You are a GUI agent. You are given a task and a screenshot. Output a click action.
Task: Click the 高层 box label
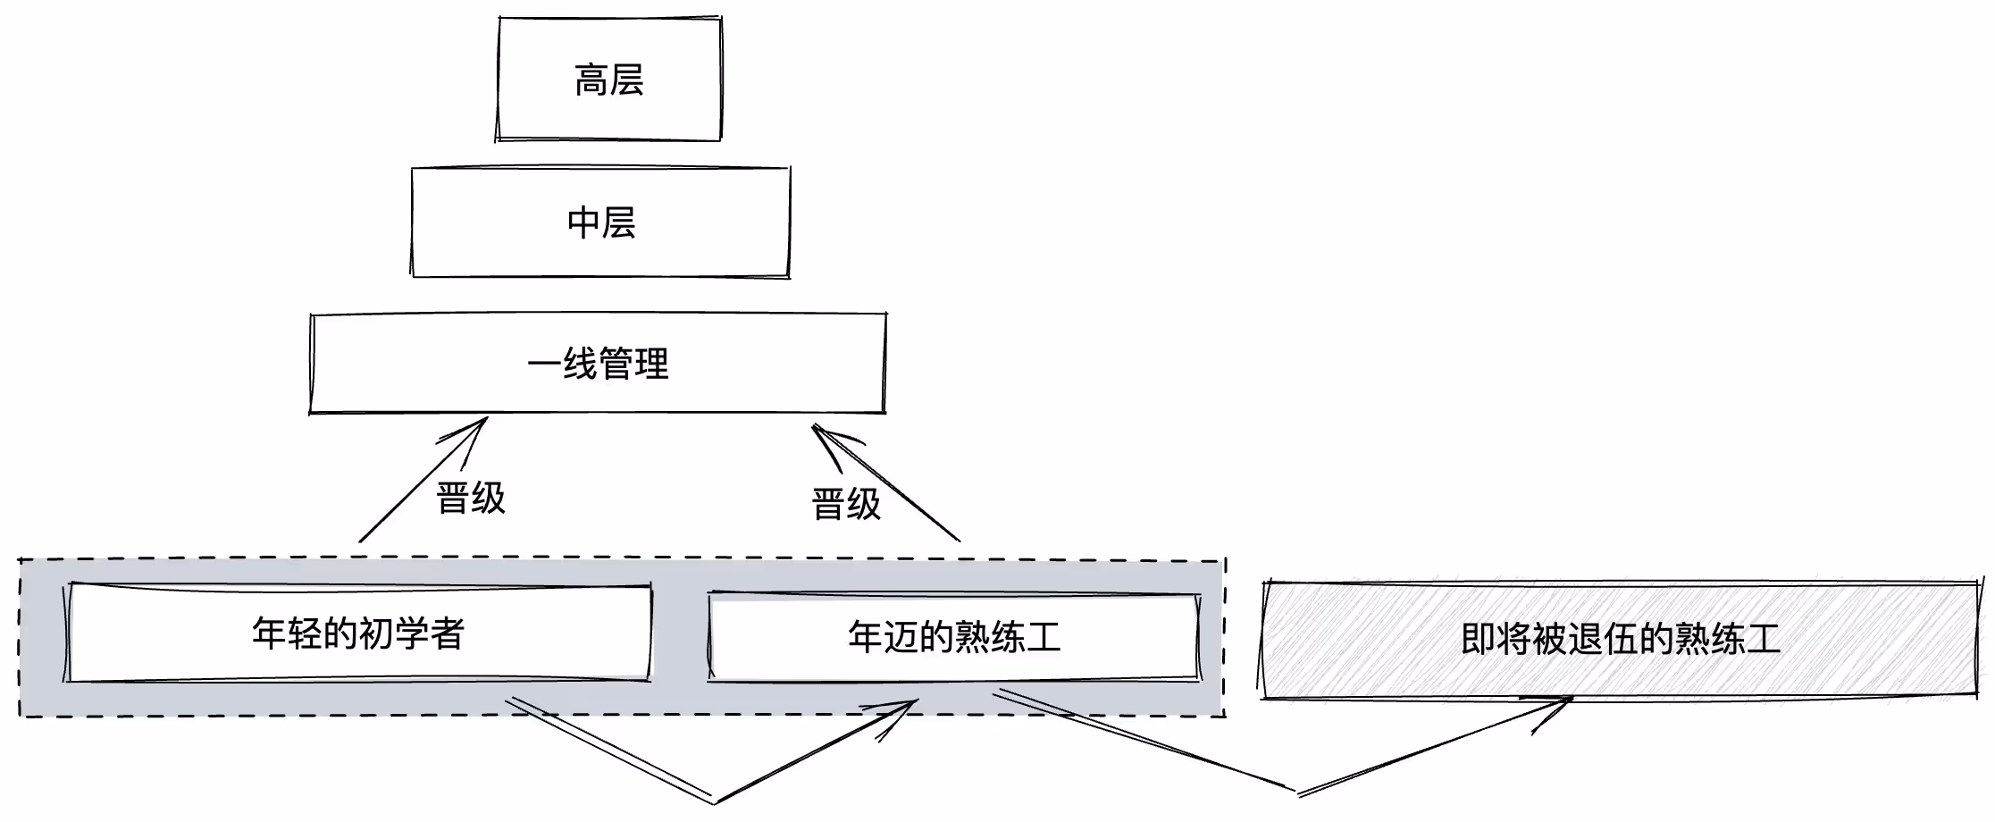click(608, 80)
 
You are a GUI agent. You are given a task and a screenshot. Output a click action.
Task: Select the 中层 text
click(601, 222)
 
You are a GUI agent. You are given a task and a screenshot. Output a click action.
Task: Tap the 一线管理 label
click(598, 364)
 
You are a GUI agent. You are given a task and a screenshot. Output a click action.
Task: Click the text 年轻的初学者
click(358, 633)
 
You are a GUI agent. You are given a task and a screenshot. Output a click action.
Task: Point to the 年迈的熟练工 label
click(954, 637)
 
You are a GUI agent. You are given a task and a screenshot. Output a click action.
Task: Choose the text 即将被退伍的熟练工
click(1620, 639)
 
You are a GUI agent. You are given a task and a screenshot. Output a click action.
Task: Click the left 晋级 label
click(471, 498)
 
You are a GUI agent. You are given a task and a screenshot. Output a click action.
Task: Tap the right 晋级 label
click(846, 504)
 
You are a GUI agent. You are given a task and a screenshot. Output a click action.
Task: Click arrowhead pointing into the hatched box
click(1568, 700)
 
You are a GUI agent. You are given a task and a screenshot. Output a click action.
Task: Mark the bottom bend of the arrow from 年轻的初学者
click(714, 800)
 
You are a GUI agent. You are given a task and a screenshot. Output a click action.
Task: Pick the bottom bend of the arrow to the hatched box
click(1296, 792)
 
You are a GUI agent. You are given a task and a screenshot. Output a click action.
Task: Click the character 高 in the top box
click(591, 80)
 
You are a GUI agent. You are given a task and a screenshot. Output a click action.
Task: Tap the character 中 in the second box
click(584, 222)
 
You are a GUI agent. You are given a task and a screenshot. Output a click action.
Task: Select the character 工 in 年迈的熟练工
click(1043, 637)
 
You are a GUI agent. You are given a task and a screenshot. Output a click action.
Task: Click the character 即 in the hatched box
click(1479, 639)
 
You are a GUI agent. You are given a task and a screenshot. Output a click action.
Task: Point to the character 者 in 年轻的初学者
click(447, 633)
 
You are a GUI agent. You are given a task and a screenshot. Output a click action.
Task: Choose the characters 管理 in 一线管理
click(633, 364)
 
